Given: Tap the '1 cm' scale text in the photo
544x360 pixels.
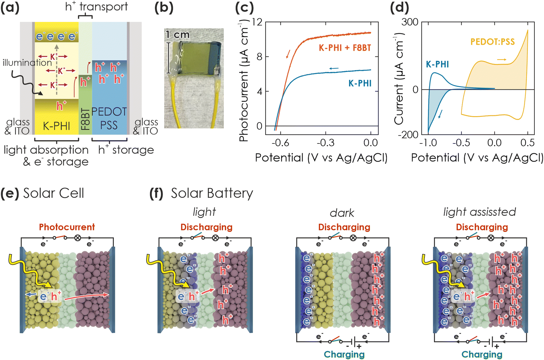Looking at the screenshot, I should tap(177, 34).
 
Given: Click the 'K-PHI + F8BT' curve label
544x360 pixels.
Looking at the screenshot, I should tap(345, 48).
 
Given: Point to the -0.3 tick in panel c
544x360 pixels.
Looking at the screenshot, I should tap(325, 143).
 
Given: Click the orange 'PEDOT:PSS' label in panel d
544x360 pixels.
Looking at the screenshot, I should tap(492, 42).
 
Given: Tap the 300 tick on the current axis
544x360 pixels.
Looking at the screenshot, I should tap(410, 22).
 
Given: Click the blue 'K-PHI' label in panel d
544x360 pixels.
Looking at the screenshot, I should tap(437, 64).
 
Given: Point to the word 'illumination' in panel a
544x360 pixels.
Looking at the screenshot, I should tap(27, 63).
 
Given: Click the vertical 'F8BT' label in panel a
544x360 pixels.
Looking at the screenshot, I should tap(85, 119).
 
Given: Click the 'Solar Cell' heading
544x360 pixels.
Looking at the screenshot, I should tap(53, 193).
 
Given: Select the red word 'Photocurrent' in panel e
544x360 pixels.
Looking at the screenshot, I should tap(67, 227).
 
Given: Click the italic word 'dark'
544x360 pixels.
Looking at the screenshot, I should tap(342, 213).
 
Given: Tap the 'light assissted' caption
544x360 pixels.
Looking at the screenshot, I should tap(479, 212).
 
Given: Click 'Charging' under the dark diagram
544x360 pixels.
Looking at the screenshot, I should tap(344, 354).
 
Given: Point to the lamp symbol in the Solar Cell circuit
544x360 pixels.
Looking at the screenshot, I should tap(77, 238).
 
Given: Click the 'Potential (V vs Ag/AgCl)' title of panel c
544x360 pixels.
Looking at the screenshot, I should tap(321, 158).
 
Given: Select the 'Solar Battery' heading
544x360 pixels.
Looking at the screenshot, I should tap(212, 193).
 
